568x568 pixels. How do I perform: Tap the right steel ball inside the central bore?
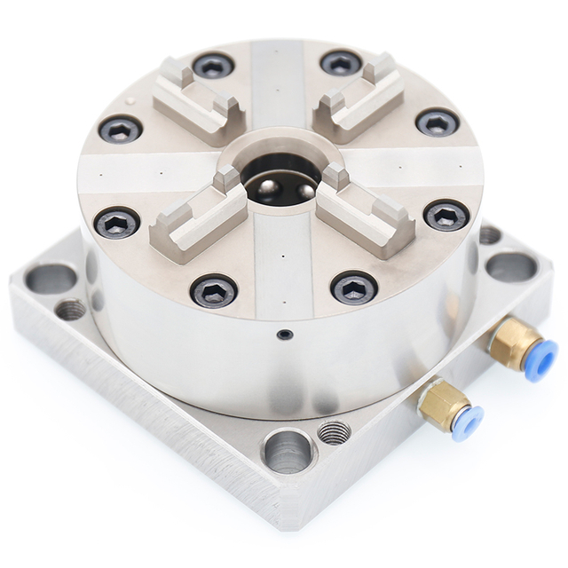pyautogui.click(x=304, y=190)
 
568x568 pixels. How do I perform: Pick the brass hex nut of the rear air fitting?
pyautogui.click(x=512, y=342)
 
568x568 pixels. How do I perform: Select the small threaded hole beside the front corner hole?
pyautogui.click(x=334, y=432)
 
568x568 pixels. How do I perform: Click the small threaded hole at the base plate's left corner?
pyautogui.click(x=71, y=309)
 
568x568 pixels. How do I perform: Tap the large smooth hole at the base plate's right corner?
pyautogui.click(x=511, y=266)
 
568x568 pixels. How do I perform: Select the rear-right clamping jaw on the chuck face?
pyautogui.click(x=359, y=97)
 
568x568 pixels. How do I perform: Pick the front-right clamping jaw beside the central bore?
pyautogui.click(x=364, y=213)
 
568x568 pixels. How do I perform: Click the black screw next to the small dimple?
pyautogui.click(x=120, y=130)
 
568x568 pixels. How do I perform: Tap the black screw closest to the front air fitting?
pyautogui.click(x=354, y=288)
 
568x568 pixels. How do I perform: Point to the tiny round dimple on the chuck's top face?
pyautogui.click(x=132, y=101)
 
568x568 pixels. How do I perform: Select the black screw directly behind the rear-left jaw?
pyautogui.click(x=213, y=65)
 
